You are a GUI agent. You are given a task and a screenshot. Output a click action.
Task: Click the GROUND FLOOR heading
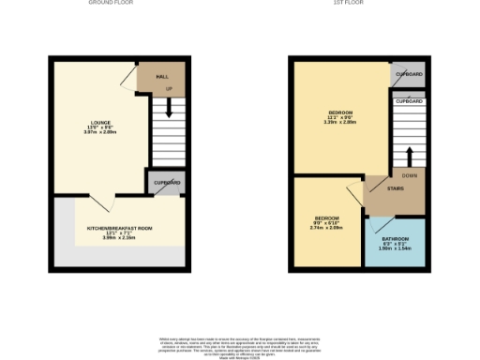click(x=110, y=3)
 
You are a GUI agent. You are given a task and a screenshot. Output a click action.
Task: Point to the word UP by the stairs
click(x=170, y=90)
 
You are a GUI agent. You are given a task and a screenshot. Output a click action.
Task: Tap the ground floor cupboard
click(x=163, y=181)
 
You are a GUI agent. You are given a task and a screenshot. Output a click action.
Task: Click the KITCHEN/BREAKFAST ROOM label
click(x=119, y=228)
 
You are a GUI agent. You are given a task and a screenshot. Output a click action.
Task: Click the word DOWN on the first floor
click(x=409, y=175)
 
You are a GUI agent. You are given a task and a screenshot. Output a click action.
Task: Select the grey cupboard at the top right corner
click(x=407, y=74)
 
